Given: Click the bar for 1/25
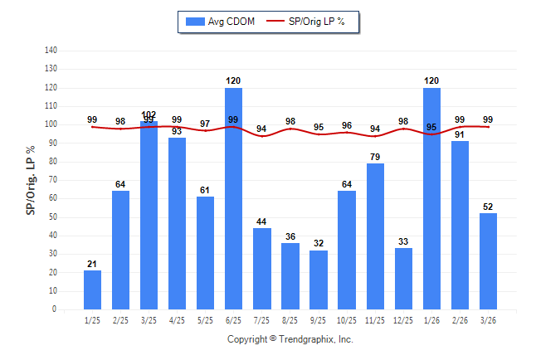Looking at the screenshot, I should tap(92, 289).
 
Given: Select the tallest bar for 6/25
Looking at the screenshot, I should tap(233, 198).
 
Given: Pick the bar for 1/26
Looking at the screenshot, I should tap(431, 198).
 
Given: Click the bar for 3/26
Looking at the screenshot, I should tap(488, 260).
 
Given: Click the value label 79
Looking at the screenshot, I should tap(375, 157).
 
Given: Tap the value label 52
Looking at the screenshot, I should tap(488, 207).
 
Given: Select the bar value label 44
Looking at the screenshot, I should tap(261, 221).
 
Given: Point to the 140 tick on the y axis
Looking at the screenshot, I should tap(51, 51).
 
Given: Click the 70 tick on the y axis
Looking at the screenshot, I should tap(52, 180).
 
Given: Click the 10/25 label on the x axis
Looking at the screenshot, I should tap(347, 319).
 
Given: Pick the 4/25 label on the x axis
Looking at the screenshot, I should tap(177, 319).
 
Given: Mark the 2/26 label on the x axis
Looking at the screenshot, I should tap(460, 319).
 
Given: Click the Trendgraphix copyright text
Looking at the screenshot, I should tap(290, 339).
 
